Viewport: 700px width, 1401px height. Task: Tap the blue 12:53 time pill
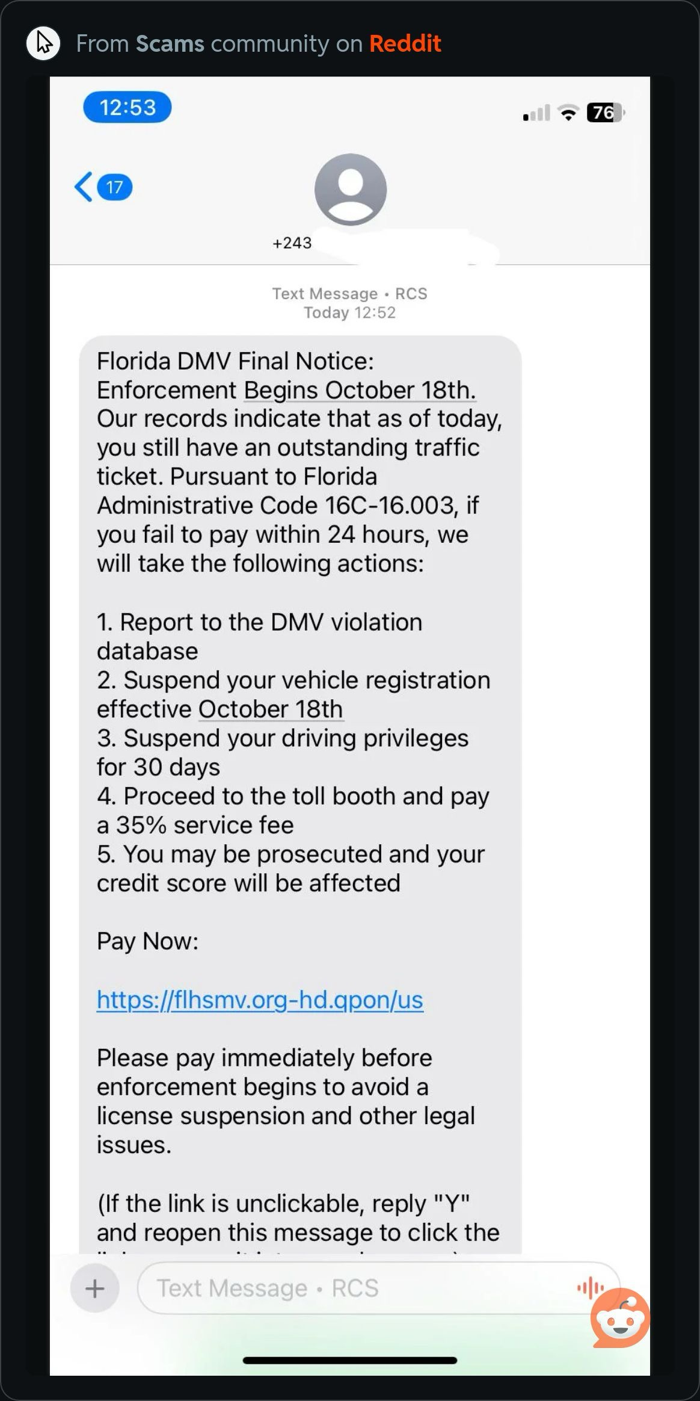(127, 108)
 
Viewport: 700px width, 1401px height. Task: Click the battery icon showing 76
(604, 113)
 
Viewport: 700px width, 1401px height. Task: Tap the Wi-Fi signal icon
(568, 113)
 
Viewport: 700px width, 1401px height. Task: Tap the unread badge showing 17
(114, 187)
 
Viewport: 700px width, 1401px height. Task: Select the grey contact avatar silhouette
(350, 190)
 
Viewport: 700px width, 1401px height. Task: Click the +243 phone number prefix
(292, 243)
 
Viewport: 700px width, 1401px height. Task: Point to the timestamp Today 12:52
(349, 313)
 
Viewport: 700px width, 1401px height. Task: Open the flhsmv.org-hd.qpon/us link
(260, 1000)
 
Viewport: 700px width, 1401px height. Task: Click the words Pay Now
(147, 941)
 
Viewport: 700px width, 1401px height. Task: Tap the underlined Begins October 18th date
(360, 390)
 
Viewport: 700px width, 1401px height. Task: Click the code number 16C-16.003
(389, 506)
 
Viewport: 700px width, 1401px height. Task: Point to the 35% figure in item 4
(141, 825)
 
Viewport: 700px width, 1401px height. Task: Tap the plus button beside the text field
(95, 1289)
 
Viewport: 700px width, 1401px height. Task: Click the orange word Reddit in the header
(405, 43)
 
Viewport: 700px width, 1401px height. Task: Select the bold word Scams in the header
(170, 43)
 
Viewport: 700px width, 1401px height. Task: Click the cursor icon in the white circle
(43, 43)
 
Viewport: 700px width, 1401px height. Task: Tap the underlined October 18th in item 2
(271, 709)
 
